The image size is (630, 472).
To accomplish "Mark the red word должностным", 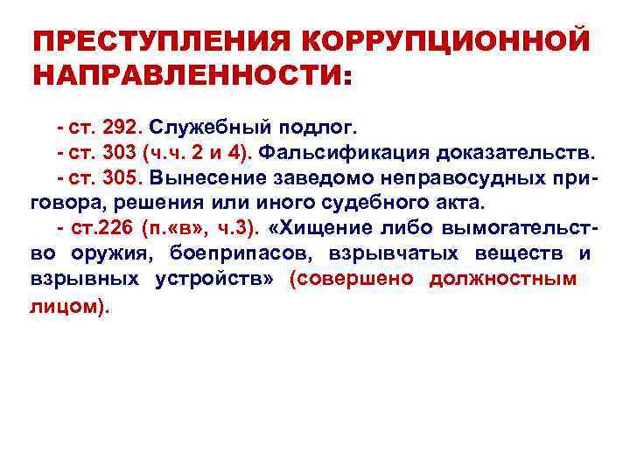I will point(503,280).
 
